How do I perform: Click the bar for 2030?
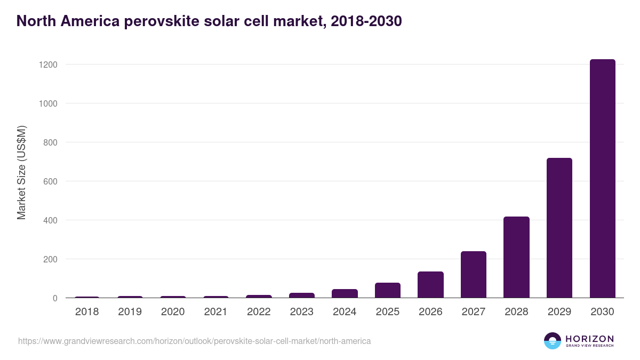tap(602, 179)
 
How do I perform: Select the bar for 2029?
tap(559, 228)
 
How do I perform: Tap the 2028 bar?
tap(516, 257)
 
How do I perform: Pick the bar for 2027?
tap(473, 275)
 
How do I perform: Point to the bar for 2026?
tap(430, 285)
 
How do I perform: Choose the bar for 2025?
tap(387, 290)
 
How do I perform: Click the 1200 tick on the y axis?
tap(47, 65)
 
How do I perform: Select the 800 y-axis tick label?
tap(49, 142)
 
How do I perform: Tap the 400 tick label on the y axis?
tap(49, 220)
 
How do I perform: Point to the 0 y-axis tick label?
tap(54, 298)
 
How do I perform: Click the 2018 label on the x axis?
tap(87, 312)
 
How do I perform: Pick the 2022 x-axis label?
tap(259, 312)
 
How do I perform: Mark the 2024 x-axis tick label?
tap(345, 312)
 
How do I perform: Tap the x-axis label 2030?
tap(602, 312)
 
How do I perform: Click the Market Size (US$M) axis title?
tap(21, 173)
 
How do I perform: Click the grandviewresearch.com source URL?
tap(194, 341)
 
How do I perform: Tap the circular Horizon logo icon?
tap(552, 341)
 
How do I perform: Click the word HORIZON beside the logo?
tap(589, 338)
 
